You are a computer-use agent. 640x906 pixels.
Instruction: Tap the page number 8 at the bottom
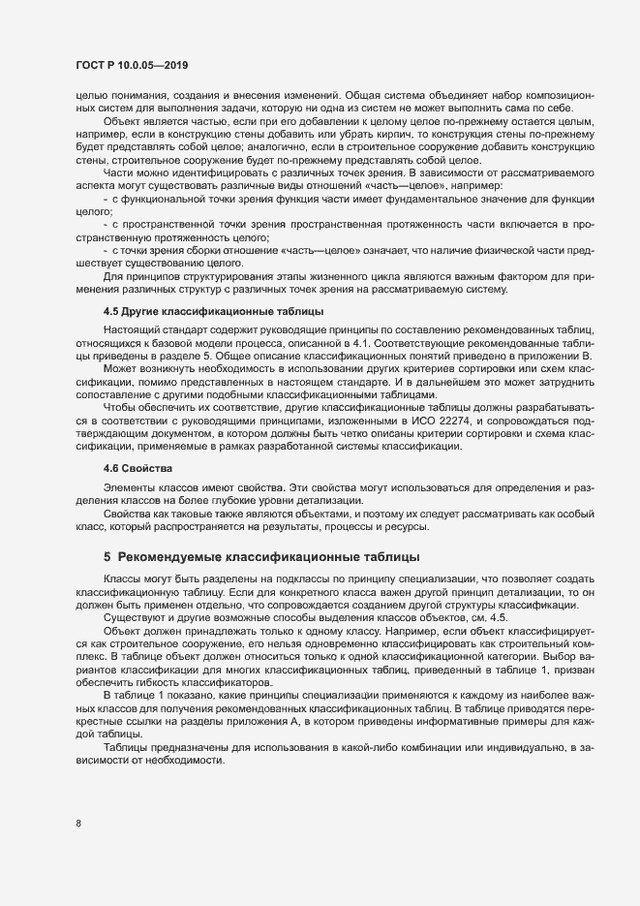(x=78, y=824)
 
